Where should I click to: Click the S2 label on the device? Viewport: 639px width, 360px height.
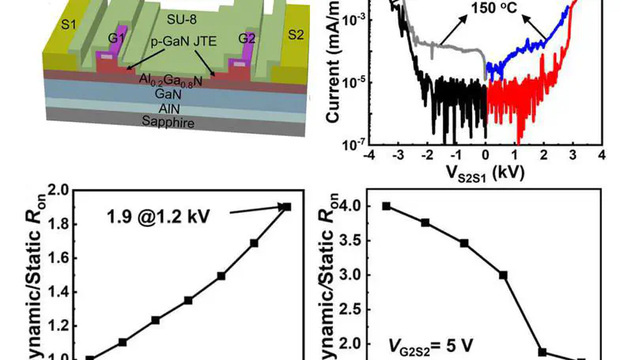(295, 36)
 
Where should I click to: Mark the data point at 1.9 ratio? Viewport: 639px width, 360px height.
(287, 207)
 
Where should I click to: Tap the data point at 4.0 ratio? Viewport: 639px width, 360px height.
(387, 206)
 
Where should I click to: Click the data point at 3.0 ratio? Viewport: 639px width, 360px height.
(503, 275)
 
